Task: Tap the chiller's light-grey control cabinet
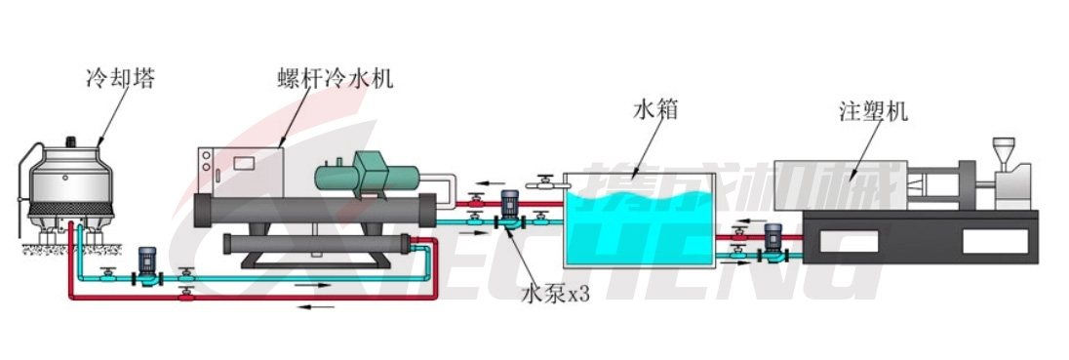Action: [238, 170]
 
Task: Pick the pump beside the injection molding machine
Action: [773, 242]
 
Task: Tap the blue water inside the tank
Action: [644, 229]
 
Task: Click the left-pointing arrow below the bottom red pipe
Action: [316, 306]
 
